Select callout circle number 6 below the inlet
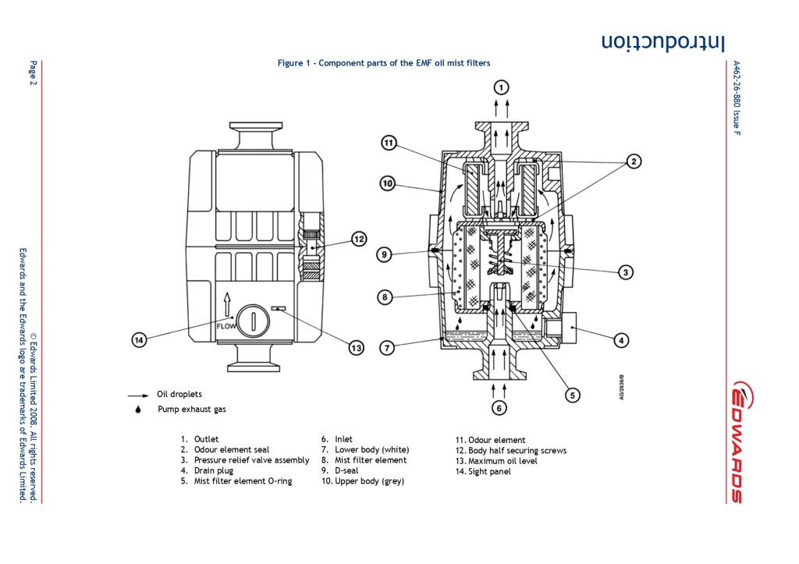pyautogui.click(x=500, y=407)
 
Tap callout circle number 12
pyautogui.click(x=358, y=239)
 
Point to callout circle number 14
pyautogui.click(x=139, y=340)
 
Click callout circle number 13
pyautogui.click(x=356, y=348)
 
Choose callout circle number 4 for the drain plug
pyautogui.click(x=620, y=340)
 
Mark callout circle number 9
pyautogui.click(x=383, y=254)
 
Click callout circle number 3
pyautogui.click(x=625, y=272)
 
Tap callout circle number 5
pyautogui.click(x=572, y=395)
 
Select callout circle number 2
pyautogui.click(x=634, y=161)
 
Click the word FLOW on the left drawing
pyautogui.click(x=225, y=326)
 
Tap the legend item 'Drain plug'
pyautogui.click(x=211, y=470)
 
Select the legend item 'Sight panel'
pyautogui.click(x=488, y=471)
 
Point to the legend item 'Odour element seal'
pyautogui.click(x=231, y=450)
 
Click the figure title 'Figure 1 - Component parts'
pyautogui.click(x=384, y=63)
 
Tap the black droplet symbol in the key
pyautogui.click(x=138, y=409)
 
